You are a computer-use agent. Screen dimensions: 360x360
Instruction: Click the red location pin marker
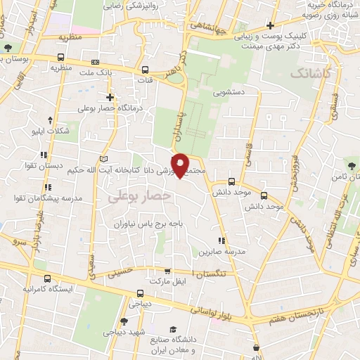point(180,165)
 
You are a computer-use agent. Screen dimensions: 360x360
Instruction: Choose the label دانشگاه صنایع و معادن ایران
point(172,345)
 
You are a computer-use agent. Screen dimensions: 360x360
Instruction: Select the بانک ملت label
point(96,72)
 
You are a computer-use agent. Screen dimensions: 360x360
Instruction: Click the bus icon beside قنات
point(146,70)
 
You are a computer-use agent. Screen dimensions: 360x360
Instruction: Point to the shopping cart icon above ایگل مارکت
point(167,271)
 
